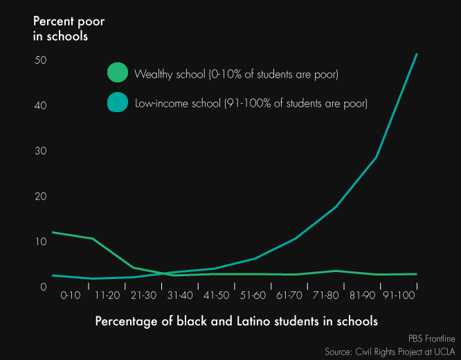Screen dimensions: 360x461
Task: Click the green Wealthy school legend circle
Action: tap(118, 73)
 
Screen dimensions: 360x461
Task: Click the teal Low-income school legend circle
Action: tap(118, 103)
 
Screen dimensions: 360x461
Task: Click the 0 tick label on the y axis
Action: tap(43, 287)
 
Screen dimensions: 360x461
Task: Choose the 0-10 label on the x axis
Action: tap(71, 296)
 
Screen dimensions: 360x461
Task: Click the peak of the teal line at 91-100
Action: tap(417, 54)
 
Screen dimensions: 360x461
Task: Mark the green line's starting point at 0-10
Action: tap(53, 233)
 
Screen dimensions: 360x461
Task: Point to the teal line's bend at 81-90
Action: tap(376, 157)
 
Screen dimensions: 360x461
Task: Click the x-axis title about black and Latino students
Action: tap(237, 321)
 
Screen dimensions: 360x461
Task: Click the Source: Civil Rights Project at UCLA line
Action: tap(390, 351)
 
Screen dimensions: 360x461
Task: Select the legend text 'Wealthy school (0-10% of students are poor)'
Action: tap(236, 73)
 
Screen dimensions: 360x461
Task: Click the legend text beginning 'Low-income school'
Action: tap(251, 104)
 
